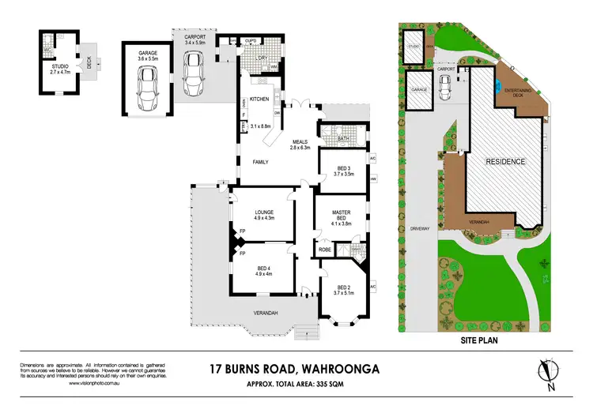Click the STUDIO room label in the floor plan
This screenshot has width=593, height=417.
coord(55,66)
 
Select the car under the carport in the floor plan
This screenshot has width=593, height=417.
coord(193,72)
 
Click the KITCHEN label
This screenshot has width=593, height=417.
coord(259,99)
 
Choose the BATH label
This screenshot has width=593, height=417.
coord(343,138)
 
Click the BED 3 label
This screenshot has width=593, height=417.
coord(343,168)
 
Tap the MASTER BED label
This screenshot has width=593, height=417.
coord(342,218)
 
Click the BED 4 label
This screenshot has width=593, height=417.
coord(264,269)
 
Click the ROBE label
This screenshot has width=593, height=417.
coord(325,250)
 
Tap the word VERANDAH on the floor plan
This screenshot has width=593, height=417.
coord(266,314)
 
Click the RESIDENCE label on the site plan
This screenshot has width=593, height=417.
coord(506,161)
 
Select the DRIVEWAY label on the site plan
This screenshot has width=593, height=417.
coord(420,230)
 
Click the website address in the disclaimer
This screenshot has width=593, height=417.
coord(69,382)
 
